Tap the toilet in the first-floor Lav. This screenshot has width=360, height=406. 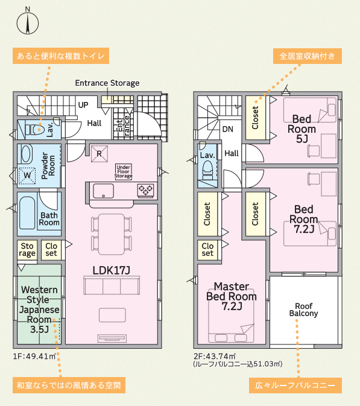[34, 129]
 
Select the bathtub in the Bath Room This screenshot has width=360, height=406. [27, 213]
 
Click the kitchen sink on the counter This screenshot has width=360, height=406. [103, 191]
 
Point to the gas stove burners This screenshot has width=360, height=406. [146, 191]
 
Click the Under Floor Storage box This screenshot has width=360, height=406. [123, 171]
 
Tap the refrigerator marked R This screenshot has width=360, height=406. [99, 154]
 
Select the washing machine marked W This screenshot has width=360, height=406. [27, 176]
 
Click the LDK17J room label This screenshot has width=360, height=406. [112, 270]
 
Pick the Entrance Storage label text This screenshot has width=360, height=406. [107, 83]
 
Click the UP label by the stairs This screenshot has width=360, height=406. [83, 105]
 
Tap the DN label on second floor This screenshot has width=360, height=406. [228, 129]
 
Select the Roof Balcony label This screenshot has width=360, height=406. [303, 309]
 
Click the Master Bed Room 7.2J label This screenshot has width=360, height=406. [232, 296]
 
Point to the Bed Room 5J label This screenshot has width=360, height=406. [302, 129]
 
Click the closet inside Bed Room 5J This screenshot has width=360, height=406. [255, 118]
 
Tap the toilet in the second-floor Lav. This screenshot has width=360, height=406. [207, 170]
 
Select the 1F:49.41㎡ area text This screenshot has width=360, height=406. [34, 357]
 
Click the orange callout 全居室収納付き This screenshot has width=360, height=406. [308, 56]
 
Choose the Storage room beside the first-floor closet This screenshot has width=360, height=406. [27, 250]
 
